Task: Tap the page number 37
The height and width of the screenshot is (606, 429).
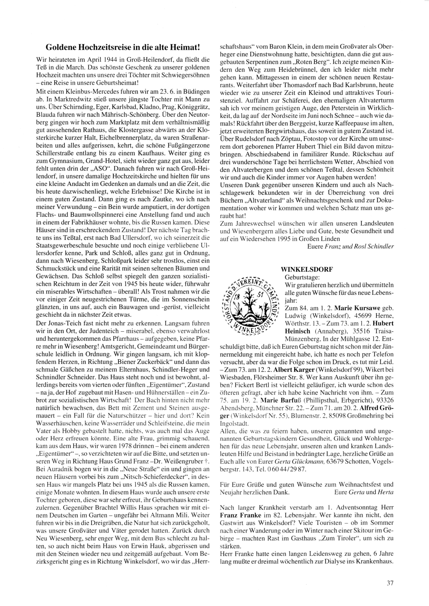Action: point(390,583)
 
